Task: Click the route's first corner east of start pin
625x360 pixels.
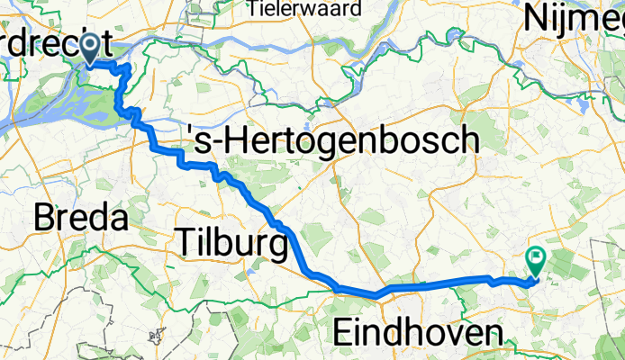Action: [x=130, y=67]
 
